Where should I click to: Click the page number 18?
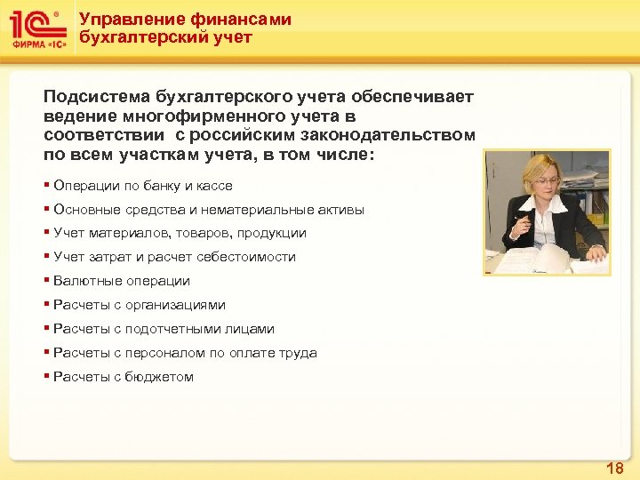pos(614,468)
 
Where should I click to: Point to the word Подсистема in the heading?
pos(97,95)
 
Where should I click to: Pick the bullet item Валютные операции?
pos(121,281)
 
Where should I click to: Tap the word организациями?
pos(174,305)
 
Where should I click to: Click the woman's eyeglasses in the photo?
pos(549,180)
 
